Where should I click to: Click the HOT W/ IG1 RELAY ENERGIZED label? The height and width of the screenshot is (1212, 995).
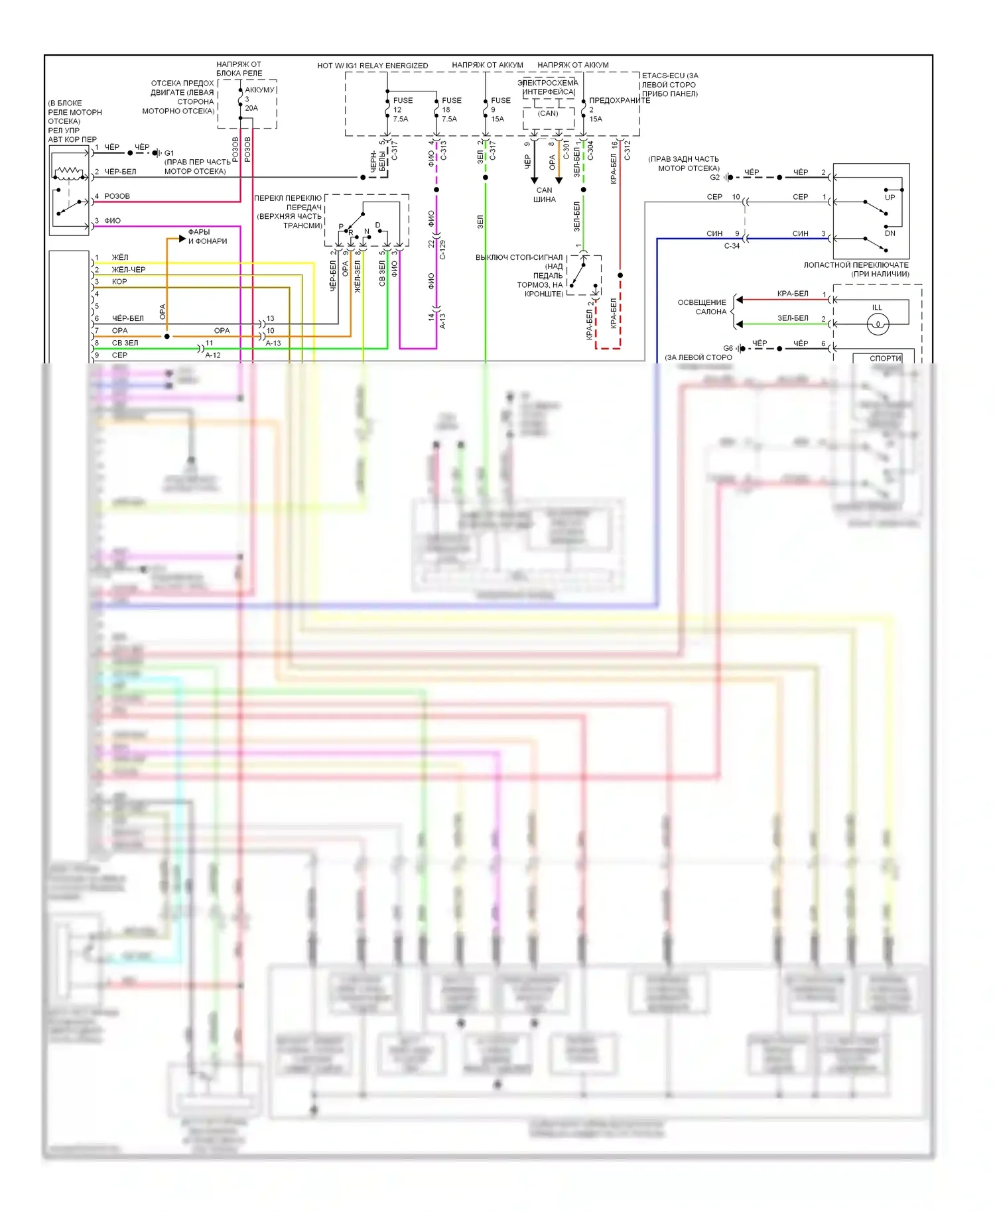[x=372, y=66]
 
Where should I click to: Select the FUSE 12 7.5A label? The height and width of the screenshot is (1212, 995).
[x=402, y=110]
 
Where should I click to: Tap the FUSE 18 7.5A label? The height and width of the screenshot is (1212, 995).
[x=451, y=110]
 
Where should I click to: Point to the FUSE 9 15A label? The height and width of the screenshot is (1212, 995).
[x=500, y=110]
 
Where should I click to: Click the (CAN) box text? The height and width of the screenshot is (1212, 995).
[x=548, y=113]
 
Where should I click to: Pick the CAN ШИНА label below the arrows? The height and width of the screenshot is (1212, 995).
[x=545, y=195]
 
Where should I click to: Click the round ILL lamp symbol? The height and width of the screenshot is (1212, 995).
[x=878, y=324]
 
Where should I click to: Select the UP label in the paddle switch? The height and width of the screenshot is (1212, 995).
[x=890, y=198]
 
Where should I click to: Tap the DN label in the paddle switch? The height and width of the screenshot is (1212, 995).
[x=890, y=233]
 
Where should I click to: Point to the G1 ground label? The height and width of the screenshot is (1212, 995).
[x=169, y=153]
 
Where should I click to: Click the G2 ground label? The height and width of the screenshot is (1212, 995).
[x=714, y=178]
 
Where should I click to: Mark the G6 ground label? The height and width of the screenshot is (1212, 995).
[x=728, y=348]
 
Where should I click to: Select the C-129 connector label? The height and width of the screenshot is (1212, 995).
[x=442, y=249]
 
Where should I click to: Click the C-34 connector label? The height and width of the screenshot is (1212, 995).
[x=732, y=246]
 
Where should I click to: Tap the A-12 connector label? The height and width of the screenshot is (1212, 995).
[x=213, y=355]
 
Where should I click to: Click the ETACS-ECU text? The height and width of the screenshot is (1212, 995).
[x=669, y=76]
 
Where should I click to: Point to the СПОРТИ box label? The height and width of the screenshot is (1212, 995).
[x=885, y=358]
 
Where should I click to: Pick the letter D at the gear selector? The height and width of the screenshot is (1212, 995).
[x=378, y=225]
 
